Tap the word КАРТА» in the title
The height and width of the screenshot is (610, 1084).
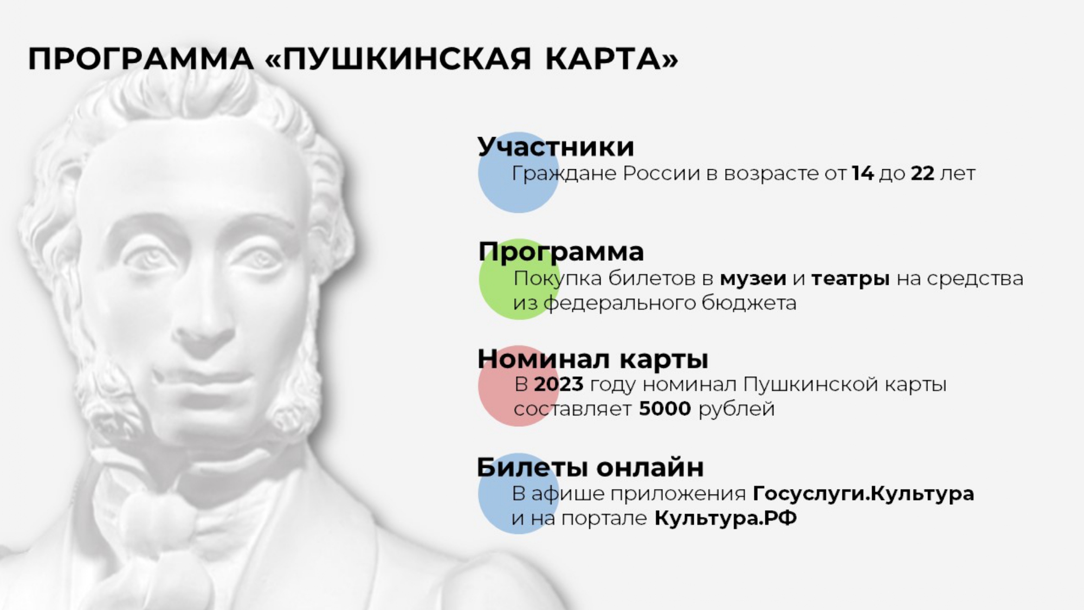pyautogui.click(x=612, y=59)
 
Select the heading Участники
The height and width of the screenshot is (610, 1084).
pyautogui.click(x=556, y=146)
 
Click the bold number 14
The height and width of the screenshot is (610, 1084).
pyautogui.click(x=863, y=174)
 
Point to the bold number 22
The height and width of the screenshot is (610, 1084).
pyautogui.click(x=922, y=174)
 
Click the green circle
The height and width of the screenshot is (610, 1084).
pyautogui.click(x=519, y=279)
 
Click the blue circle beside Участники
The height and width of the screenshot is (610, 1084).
pyautogui.click(x=519, y=172)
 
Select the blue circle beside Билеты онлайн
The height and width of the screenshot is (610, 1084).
pyautogui.click(x=518, y=493)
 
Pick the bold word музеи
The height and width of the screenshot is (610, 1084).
pyautogui.click(x=753, y=279)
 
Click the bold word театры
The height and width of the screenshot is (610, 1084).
pyautogui.click(x=850, y=279)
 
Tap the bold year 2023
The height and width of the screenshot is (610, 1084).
pyautogui.click(x=558, y=384)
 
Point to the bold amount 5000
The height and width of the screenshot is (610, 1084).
pyautogui.click(x=665, y=409)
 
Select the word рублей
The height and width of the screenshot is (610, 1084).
pyautogui.click(x=737, y=409)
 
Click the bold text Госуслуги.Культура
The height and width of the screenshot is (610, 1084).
pyautogui.click(x=864, y=494)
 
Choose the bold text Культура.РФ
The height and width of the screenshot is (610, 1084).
pyautogui.click(x=726, y=518)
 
